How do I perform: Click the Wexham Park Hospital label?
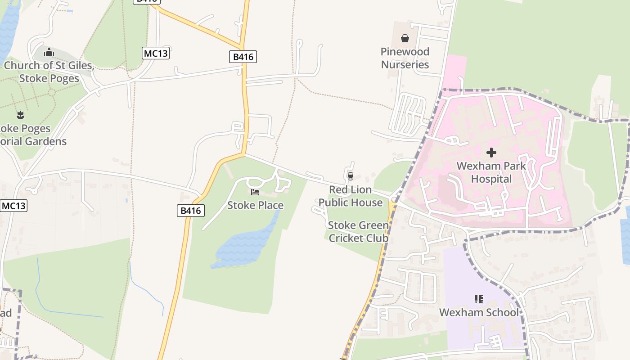pyautogui.click(x=491, y=172)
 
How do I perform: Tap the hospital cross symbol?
pyautogui.click(x=491, y=153)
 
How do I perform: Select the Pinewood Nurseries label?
pyautogui.click(x=405, y=58)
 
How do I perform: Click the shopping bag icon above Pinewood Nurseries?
pyautogui.click(x=405, y=38)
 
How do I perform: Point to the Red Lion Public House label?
pyautogui.click(x=350, y=196)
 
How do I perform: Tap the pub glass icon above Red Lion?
pyautogui.click(x=351, y=176)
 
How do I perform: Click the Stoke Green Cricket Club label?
pyautogui.click(x=358, y=231)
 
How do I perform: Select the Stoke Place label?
pyautogui.click(x=255, y=205)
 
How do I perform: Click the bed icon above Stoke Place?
pyautogui.click(x=255, y=192)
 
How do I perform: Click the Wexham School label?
pyautogui.click(x=478, y=312)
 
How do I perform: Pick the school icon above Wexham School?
pyautogui.click(x=478, y=299)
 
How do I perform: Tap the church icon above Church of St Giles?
pyautogui.click(x=49, y=53)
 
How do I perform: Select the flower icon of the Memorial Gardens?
pyautogui.click(x=20, y=115)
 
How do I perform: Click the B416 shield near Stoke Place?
pyautogui.click(x=191, y=210)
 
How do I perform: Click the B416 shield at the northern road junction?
pyautogui.click(x=243, y=57)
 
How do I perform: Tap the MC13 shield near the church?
pyautogui.click(x=156, y=53)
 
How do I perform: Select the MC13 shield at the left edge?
pyautogui.click(x=13, y=206)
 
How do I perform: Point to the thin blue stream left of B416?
pyautogui.click(x=148, y=288)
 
